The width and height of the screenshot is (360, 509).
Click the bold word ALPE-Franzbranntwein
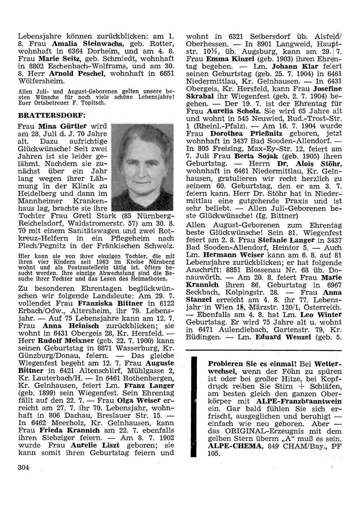tap(299, 401)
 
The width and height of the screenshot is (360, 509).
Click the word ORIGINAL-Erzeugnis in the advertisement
tap(255, 431)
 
